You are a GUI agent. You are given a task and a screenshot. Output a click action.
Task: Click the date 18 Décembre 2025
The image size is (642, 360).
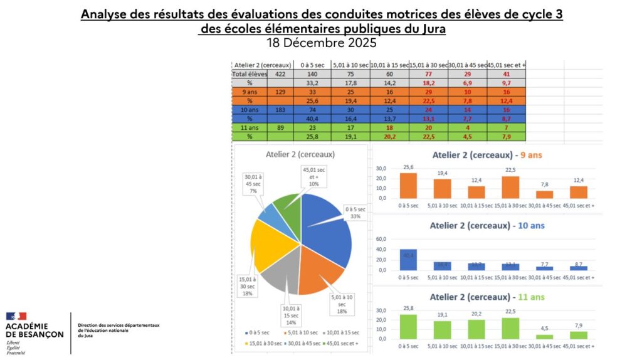[x=321, y=43]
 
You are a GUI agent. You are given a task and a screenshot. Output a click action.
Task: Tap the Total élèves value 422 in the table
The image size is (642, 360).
[x=280, y=73]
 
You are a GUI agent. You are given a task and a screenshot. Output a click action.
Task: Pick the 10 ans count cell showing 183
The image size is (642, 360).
[x=280, y=109]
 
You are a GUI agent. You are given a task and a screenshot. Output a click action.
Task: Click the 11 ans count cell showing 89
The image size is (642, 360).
[x=280, y=127]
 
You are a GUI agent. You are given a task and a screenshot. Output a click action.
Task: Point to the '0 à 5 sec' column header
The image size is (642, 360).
[x=312, y=65]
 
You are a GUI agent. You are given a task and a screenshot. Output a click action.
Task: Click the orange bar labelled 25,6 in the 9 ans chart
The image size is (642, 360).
[x=408, y=185]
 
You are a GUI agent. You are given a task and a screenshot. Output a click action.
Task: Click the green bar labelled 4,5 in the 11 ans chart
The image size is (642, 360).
[x=544, y=336]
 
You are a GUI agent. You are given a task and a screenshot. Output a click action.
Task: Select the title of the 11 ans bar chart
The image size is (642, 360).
[x=483, y=297]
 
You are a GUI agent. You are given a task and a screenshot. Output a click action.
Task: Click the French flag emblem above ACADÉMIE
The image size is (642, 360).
[x=18, y=317]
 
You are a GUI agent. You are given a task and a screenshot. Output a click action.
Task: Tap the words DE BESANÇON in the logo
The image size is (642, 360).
[x=34, y=335]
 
